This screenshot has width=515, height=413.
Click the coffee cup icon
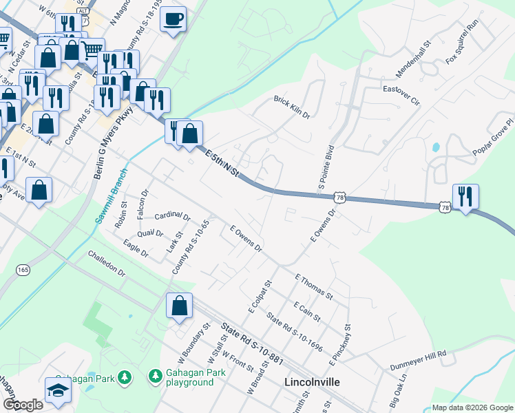click(x=174, y=19)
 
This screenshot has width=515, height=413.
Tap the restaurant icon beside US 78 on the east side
click(x=466, y=197)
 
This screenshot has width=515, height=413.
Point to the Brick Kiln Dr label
click(x=292, y=107)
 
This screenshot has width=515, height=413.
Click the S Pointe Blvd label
click(x=326, y=167)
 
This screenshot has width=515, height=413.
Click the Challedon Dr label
click(x=107, y=263)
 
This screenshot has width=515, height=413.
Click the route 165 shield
click(x=23, y=269)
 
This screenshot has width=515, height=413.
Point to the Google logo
click(x=23, y=405)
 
